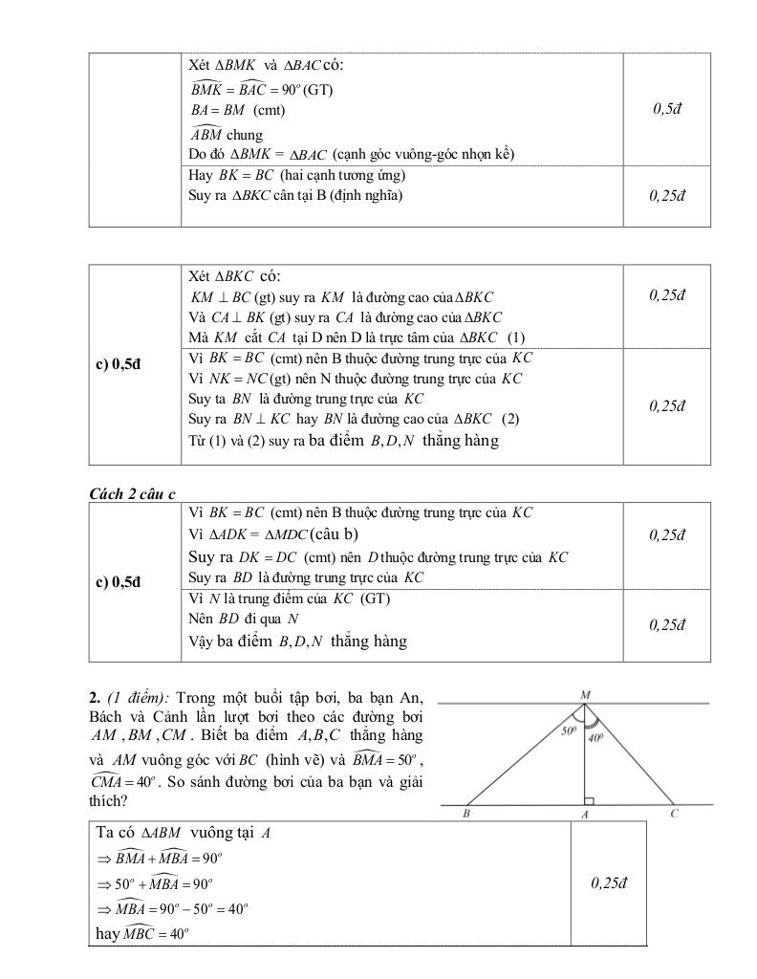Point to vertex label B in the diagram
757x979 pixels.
point(465,815)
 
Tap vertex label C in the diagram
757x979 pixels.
point(675,814)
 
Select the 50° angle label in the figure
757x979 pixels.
point(570,731)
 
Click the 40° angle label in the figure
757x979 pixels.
point(595,737)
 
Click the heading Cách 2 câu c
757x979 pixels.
point(132,493)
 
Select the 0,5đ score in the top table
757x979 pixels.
point(667,108)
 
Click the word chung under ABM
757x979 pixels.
point(245,135)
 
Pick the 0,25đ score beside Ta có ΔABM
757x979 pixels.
point(608,882)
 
